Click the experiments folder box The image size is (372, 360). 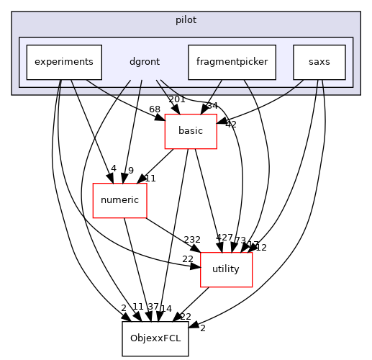[x=63, y=62]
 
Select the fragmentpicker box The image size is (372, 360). [x=232, y=62]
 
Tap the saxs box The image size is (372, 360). [x=319, y=62]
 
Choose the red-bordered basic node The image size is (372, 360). [x=191, y=131]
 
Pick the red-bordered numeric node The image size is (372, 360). [x=120, y=200]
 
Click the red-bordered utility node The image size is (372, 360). [x=226, y=269]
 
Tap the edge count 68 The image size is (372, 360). [x=135, y=109]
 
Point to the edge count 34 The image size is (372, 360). [x=212, y=107]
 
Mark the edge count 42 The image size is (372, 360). [x=230, y=124]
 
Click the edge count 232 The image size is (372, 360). [x=192, y=239]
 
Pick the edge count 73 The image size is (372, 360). [x=240, y=240]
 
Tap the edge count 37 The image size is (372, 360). [x=152, y=307]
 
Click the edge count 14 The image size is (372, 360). [x=166, y=308]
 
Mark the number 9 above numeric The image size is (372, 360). [x=130, y=170]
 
